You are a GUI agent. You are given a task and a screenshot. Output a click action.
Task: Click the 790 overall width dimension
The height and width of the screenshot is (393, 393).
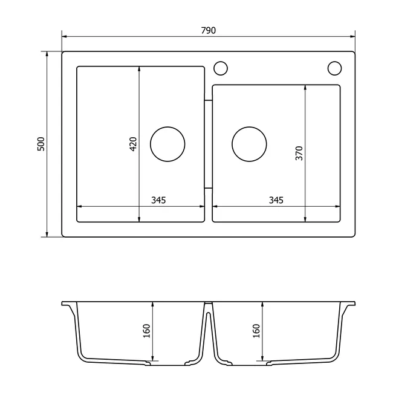pos(208,30)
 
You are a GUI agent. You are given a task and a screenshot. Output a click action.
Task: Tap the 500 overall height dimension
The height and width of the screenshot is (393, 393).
pos(41,144)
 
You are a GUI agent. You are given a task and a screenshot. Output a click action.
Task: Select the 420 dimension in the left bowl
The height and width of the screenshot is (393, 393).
pos(133,144)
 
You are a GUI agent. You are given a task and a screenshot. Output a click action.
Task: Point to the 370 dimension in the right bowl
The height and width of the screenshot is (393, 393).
pos(299,153)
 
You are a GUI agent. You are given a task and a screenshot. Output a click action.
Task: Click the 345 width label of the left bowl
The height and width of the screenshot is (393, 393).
pos(158,200)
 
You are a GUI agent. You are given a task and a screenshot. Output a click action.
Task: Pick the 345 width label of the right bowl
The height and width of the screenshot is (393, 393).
pos(276,200)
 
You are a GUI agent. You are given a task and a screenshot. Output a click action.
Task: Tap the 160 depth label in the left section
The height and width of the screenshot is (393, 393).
pos(146,331)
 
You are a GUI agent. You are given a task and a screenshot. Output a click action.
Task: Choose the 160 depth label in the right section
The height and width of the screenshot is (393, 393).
pos(256,331)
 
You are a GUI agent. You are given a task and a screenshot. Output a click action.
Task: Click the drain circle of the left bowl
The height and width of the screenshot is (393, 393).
pos(167,126)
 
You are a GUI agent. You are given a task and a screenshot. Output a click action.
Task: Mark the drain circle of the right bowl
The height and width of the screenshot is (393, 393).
pos(249,126)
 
